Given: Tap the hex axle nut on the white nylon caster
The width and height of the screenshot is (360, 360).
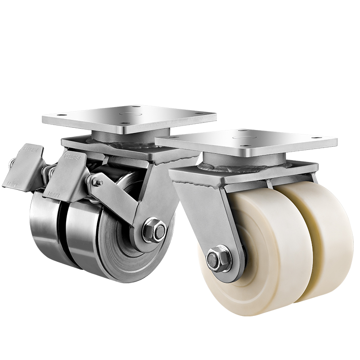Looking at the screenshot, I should (x=215, y=260).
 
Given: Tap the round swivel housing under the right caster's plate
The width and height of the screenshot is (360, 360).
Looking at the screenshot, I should (x=245, y=160).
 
